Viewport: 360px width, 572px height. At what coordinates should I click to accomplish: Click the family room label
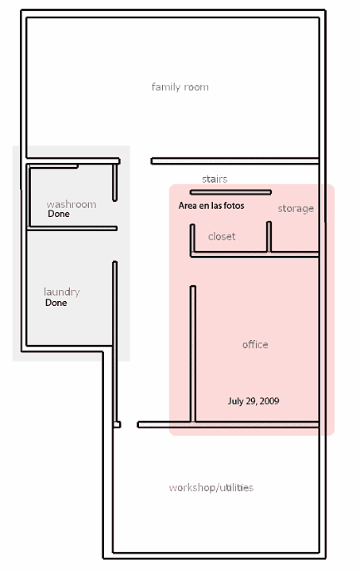pyautogui.click(x=180, y=87)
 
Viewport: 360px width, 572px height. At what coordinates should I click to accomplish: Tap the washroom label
pyautogui.click(x=72, y=204)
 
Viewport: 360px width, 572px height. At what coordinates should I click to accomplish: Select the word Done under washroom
pyautogui.click(x=59, y=214)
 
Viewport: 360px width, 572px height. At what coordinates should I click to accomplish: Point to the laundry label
pyautogui.click(x=62, y=292)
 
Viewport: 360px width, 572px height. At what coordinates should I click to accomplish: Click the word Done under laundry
pyautogui.click(x=56, y=303)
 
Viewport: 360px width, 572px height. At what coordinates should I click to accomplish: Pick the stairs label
pyautogui.click(x=215, y=179)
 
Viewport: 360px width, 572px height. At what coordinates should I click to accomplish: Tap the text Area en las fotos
pyautogui.click(x=211, y=206)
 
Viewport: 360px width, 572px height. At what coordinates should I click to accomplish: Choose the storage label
pyautogui.click(x=296, y=209)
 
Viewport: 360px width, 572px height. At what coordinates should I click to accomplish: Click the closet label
pyautogui.click(x=222, y=237)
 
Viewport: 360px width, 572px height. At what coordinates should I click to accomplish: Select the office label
pyautogui.click(x=255, y=344)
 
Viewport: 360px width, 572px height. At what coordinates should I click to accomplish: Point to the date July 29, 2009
pyautogui.click(x=254, y=401)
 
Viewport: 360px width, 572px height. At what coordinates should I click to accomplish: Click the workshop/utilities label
pyautogui.click(x=211, y=488)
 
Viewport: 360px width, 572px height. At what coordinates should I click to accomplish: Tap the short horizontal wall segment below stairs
pyautogui.click(x=230, y=192)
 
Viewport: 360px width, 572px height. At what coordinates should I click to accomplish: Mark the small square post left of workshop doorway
pyautogui.click(x=117, y=424)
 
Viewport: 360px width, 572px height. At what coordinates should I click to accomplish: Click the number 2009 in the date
pyautogui.click(x=269, y=401)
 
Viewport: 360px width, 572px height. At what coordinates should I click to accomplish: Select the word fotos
pyautogui.click(x=234, y=206)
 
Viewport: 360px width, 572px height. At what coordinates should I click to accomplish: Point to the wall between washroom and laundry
pyautogui.click(x=72, y=229)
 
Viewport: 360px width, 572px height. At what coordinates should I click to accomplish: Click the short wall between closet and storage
pyautogui.click(x=269, y=237)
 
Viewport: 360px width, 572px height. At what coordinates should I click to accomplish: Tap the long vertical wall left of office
pyautogui.click(x=193, y=354)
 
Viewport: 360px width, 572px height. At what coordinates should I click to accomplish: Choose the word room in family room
pyautogui.click(x=196, y=87)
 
